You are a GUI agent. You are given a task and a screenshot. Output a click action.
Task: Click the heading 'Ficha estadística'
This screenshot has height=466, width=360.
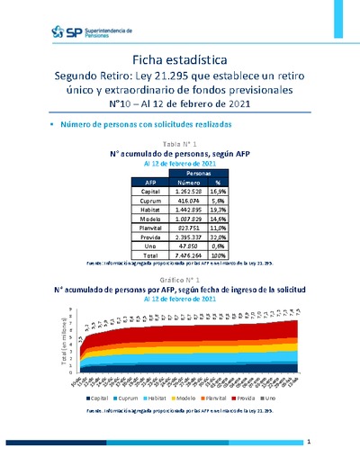click(x=179, y=58)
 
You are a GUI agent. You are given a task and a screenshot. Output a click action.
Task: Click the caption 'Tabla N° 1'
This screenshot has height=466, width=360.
click(x=179, y=144)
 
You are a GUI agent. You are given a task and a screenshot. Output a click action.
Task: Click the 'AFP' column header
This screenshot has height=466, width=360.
click(x=143, y=181)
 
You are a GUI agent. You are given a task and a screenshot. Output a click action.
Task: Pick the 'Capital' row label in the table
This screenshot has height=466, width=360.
click(x=143, y=191)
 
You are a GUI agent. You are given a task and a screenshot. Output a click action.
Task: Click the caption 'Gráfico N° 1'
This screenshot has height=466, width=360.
click(x=179, y=281)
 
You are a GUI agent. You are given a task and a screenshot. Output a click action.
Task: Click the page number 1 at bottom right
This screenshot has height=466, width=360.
click(x=308, y=443)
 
